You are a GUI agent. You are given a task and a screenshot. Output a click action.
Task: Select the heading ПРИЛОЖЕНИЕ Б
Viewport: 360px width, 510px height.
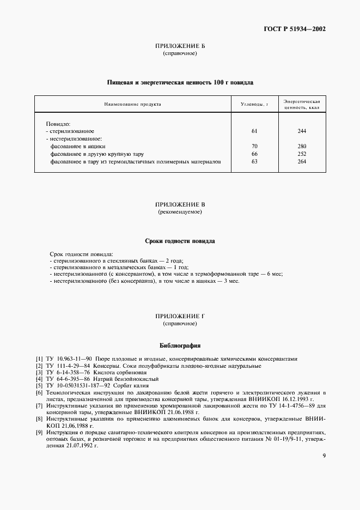click(179, 47)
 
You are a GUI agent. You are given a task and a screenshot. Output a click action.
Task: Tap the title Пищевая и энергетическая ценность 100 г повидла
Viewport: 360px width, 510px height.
click(180, 83)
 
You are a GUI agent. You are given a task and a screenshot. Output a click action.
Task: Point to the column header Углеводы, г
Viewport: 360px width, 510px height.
click(254, 104)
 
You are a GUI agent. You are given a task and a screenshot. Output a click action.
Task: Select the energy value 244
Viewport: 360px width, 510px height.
click(302, 131)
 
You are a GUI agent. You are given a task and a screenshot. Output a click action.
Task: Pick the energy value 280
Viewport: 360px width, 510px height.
click(302, 147)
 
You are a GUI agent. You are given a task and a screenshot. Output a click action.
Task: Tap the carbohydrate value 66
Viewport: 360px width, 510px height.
click(254, 154)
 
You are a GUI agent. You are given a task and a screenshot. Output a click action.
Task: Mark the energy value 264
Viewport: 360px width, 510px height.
click(302, 162)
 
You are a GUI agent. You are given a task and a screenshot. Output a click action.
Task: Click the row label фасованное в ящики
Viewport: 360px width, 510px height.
click(78, 147)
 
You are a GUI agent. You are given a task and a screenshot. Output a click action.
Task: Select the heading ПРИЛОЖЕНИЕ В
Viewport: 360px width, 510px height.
click(179, 204)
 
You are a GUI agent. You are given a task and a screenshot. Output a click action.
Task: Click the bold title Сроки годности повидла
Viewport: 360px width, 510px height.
click(180, 240)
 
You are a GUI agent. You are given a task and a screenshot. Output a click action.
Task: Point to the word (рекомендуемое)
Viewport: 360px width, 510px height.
click(180, 211)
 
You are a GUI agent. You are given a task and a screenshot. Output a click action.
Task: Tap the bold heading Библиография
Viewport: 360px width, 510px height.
click(180, 345)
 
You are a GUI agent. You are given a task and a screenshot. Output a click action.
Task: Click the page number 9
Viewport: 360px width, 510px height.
click(324, 456)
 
